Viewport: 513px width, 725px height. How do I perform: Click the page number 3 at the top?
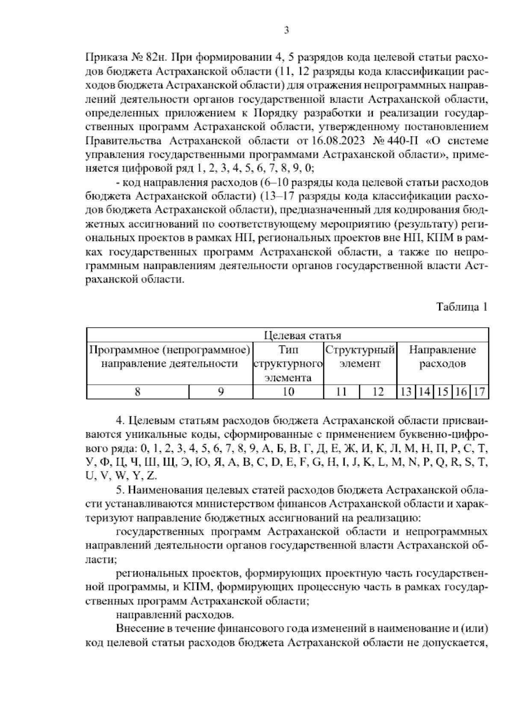coord(286,30)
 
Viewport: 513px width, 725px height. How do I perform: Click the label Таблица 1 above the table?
coord(461,307)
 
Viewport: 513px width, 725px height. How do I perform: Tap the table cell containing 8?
coord(137,392)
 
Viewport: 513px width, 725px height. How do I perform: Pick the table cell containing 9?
coord(221,392)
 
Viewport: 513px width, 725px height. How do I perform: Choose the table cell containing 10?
coord(288,392)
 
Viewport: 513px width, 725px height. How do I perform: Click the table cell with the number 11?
coord(341,392)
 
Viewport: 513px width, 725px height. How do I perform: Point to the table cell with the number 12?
coord(378,392)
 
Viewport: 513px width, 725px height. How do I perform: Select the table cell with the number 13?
coord(406,392)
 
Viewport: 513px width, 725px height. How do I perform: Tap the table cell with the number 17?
coord(480,392)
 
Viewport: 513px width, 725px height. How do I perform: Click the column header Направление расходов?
coord(442,357)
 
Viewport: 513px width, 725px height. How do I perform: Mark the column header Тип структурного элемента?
coord(288,364)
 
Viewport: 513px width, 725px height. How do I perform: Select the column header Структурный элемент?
coord(360,357)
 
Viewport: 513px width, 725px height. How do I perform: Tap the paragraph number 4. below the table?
coord(120,420)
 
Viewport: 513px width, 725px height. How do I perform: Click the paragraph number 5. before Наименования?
coord(120,489)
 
